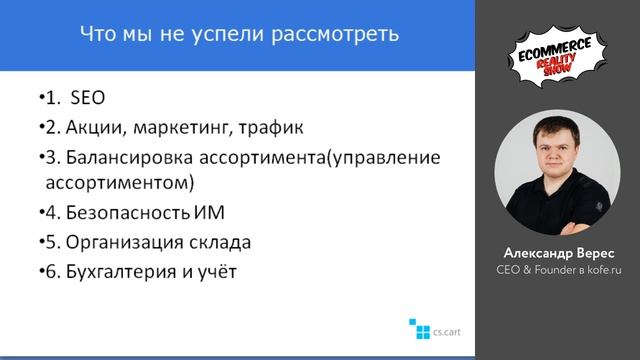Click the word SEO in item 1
tap(88, 99)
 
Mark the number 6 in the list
tap(50, 271)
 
